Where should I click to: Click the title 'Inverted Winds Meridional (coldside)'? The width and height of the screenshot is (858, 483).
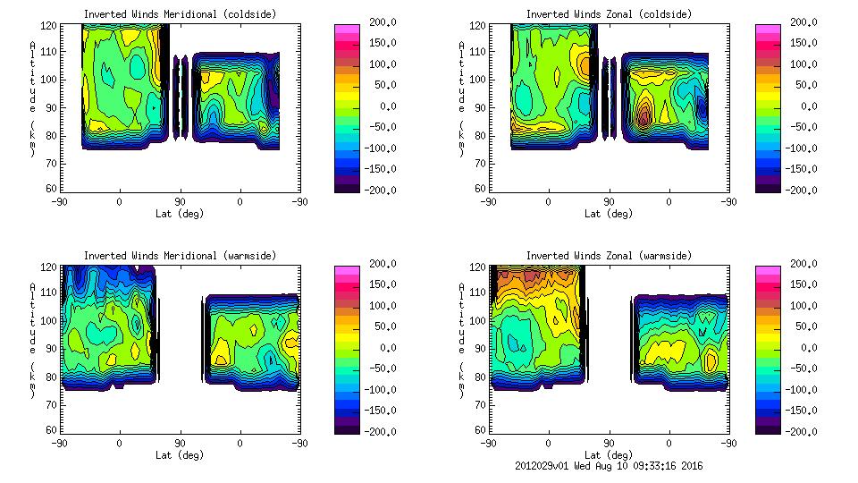180,14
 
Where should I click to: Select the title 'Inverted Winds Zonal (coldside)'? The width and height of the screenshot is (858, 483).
609,14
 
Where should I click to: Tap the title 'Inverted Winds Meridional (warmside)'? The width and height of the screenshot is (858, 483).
180,256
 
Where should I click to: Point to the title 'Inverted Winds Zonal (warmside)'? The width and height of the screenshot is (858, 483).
609,256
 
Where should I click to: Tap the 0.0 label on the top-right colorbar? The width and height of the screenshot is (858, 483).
803,106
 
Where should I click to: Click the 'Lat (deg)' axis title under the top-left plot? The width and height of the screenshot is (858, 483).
180,214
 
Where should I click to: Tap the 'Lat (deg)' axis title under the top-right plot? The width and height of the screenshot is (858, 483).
609,214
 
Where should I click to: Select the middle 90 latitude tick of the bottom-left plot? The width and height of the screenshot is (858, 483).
180,444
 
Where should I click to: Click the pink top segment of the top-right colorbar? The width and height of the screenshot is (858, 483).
767,30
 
